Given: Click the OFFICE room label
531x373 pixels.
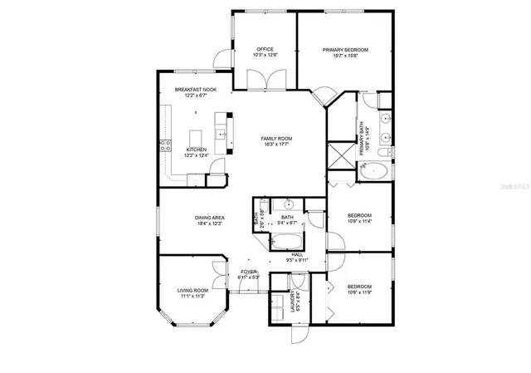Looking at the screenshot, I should [265, 50].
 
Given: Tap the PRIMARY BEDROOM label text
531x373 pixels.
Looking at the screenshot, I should [345, 50].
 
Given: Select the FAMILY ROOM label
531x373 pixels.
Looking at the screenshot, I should [276, 139].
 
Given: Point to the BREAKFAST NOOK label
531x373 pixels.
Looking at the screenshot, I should [195, 89].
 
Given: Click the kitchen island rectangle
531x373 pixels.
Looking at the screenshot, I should [197, 137].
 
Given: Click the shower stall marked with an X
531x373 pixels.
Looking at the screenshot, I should [341, 155].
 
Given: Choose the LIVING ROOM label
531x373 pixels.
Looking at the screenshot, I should [191, 291].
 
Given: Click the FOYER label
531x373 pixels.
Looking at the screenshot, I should [248, 272].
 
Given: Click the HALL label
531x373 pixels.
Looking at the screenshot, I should [297, 255].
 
